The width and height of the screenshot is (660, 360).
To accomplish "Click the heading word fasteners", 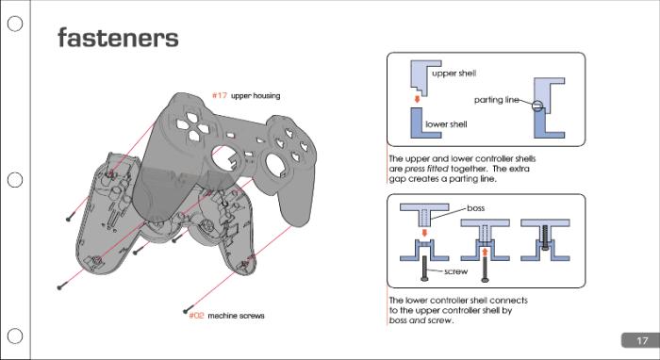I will tap(118, 38).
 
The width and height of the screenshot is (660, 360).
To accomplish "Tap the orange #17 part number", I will tap(219, 96).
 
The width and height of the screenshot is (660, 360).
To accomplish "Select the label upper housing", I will tap(256, 96).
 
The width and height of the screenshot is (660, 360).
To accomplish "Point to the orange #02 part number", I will tap(196, 316).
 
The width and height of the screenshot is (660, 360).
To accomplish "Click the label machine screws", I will tap(236, 316).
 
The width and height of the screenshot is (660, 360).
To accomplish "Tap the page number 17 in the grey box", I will tap(641, 340).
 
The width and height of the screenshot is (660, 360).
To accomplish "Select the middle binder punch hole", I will tap(15, 180).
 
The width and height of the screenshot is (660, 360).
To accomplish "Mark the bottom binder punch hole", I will tap(15, 336).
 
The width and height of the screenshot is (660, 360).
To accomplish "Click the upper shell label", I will tap(454, 73).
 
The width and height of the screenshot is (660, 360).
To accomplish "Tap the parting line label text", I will tap(496, 100).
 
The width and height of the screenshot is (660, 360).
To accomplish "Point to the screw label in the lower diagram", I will tap(455, 271).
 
